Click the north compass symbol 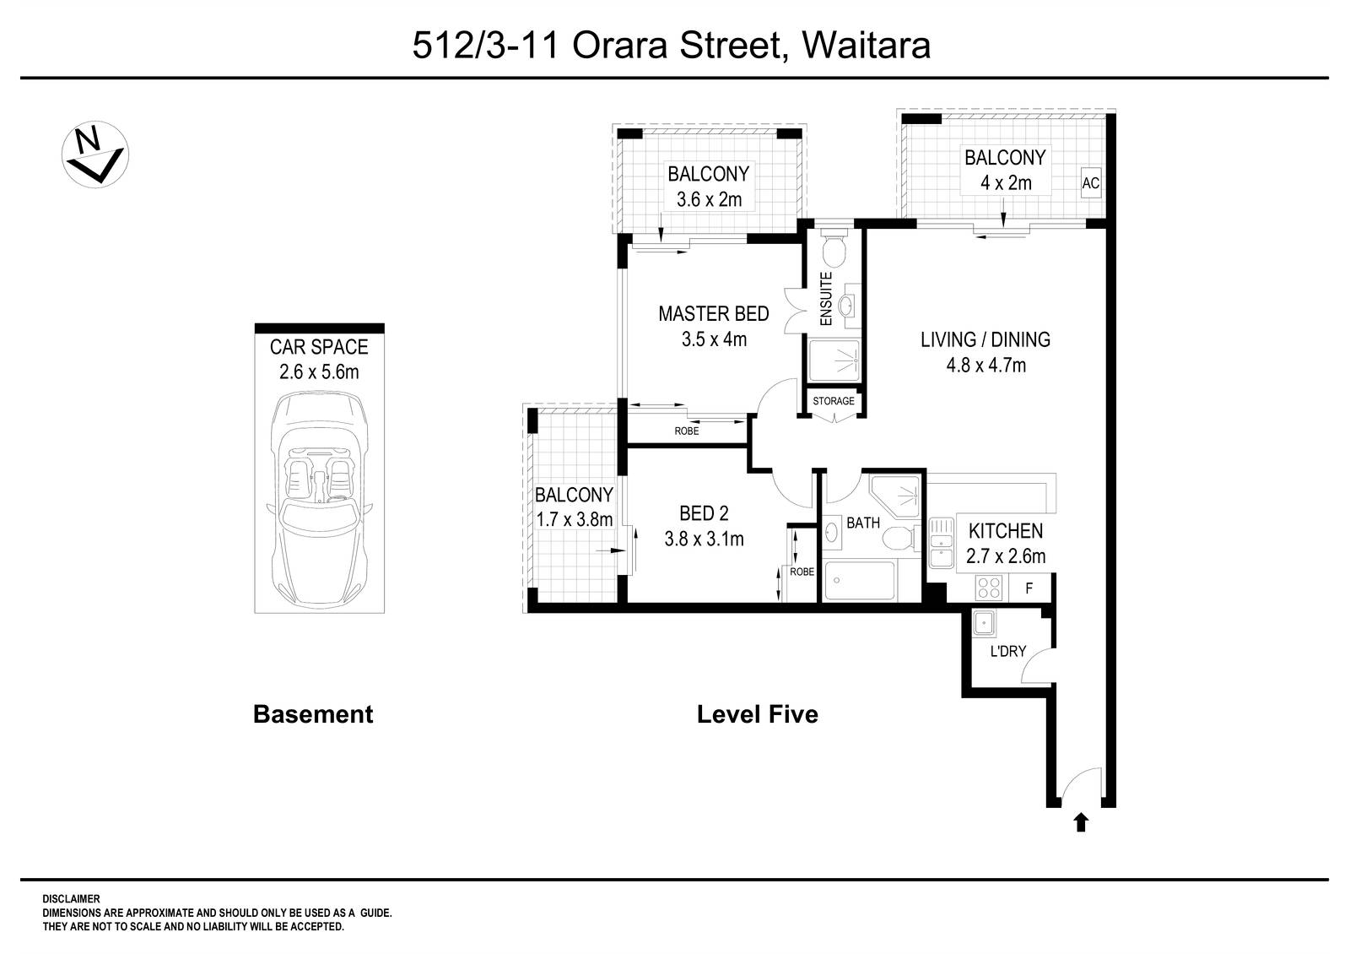(x=94, y=154)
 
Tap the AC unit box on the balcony (x=1090, y=183)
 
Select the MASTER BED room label (x=713, y=314)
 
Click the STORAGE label (x=833, y=401)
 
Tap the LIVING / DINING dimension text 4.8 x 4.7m (x=985, y=366)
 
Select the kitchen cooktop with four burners (x=987, y=587)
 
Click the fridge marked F (x=1029, y=588)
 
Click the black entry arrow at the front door (x=1081, y=821)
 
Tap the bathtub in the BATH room (x=860, y=581)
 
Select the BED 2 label (x=704, y=512)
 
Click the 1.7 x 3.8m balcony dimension (x=574, y=519)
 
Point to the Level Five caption (x=757, y=715)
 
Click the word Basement (x=312, y=715)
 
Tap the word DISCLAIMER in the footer (x=71, y=900)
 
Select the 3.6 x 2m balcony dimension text (x=708, y=200)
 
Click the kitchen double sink (x=939, y=543)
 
